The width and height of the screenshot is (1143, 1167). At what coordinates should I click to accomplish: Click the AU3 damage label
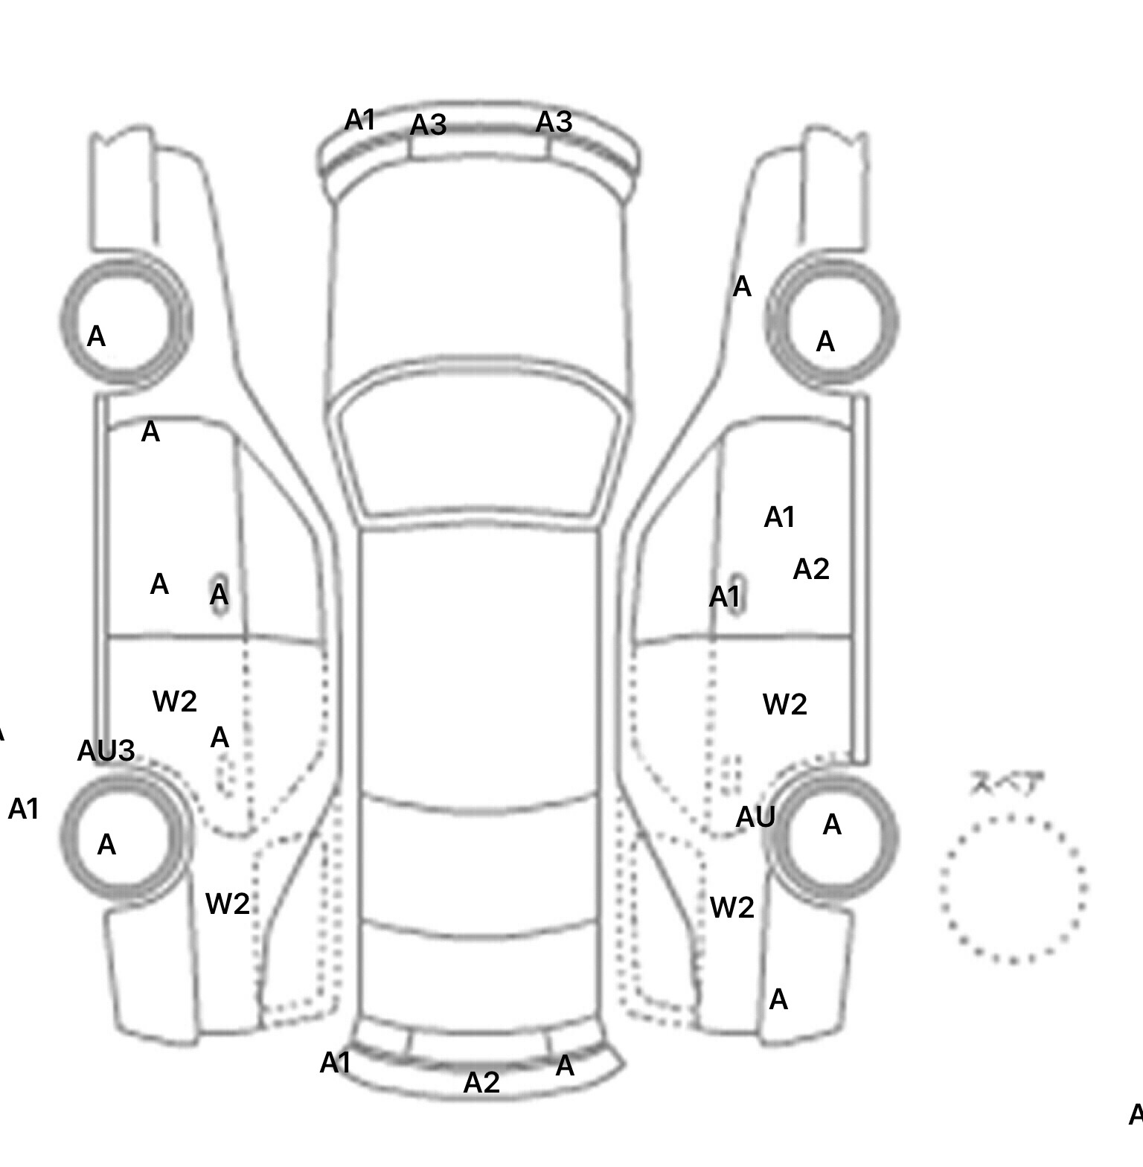point(106,750)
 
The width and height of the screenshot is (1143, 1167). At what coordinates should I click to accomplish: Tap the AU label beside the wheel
point(755,817)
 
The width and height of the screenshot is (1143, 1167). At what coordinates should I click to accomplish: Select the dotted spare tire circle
point(1013,889)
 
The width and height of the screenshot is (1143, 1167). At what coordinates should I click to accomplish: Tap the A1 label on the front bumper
point(360,120)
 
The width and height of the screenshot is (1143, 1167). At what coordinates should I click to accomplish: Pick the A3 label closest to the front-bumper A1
point(429,125)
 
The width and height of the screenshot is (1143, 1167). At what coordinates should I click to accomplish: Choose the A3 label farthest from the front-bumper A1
point(554,122)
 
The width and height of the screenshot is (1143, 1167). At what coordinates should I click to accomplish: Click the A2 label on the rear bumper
point(481,1082)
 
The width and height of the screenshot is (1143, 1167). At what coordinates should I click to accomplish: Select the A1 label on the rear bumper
point(335,1063)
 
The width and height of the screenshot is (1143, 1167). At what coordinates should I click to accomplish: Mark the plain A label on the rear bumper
point(565,1067)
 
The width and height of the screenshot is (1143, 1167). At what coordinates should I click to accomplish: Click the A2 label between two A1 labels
point(811,569)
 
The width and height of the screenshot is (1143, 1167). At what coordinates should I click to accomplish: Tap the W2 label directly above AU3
point(175,701)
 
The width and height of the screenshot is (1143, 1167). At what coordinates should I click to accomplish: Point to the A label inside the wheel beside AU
point(832,825)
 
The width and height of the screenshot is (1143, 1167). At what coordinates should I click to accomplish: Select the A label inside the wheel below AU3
point(106,845)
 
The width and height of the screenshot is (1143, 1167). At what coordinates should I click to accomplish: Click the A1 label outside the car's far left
point(23,809)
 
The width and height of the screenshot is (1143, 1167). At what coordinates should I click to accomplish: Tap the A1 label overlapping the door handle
point(725,597)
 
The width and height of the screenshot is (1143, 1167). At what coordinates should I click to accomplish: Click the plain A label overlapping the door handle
point(219,595)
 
